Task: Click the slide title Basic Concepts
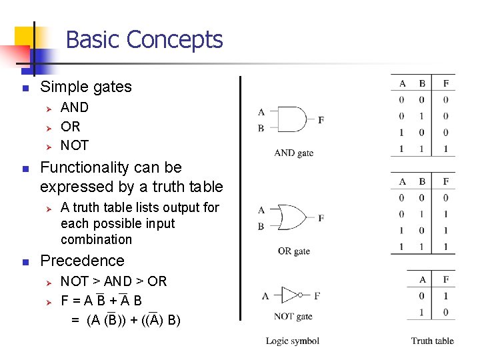pos(144,40)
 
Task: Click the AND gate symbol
pos(291,119)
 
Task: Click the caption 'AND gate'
pos(293,153)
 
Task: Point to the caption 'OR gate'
pos(293,251)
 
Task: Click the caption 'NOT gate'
pos(293,316)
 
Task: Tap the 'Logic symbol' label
pos(293,341)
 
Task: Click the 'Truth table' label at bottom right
pos(432,341)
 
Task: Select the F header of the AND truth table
pos(445,83)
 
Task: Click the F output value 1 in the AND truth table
pos(445,149)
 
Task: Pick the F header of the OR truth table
pos(445,181)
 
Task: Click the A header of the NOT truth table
pos(423,279)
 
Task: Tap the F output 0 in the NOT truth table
pos(445,312)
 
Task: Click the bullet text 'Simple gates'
pos(86,87)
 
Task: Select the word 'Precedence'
pos(83,261)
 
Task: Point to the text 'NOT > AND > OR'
pos(113,281)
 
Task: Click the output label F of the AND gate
pos(321,120)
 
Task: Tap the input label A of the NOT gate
pos(265,296)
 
